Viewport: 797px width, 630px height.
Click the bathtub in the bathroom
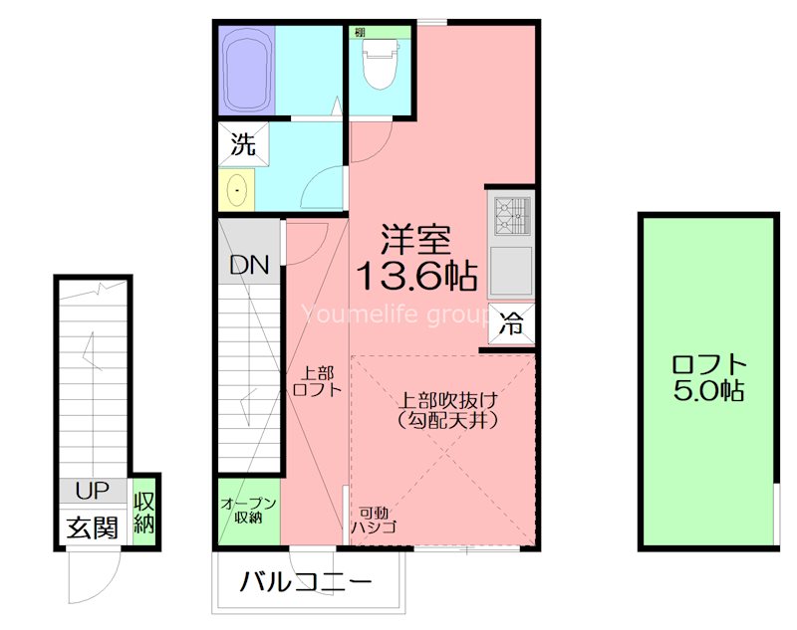(x=246, y=70)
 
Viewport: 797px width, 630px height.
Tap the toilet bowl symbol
(x=380, y=66)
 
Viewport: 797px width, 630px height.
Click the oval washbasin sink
(x=237, y=189)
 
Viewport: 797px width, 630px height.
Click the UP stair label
(x=92, y=490)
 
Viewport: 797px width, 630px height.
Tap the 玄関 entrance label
(x=92, y=526)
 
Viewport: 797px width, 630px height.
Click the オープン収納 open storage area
(x=248, y=511)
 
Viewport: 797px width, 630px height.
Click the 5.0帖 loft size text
(x=708, y=391)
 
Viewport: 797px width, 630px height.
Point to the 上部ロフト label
(x=318, y=381)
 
